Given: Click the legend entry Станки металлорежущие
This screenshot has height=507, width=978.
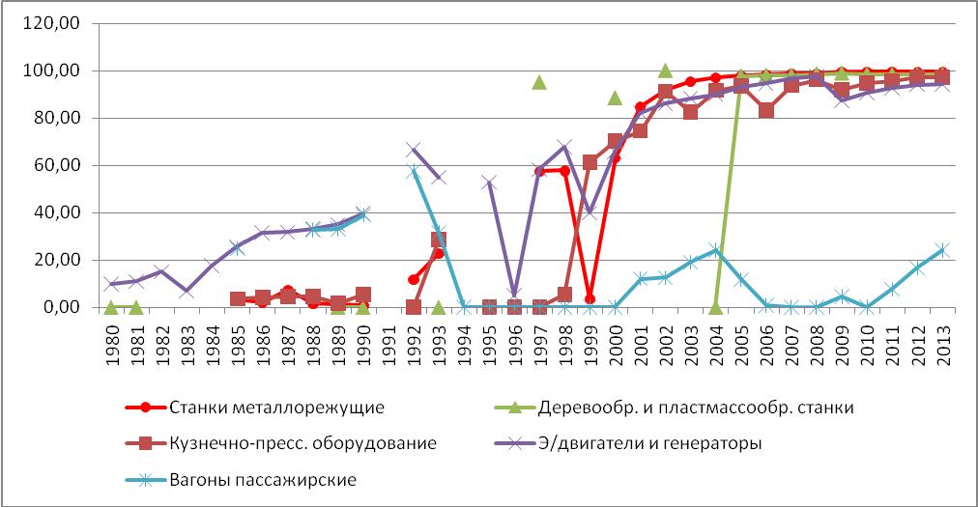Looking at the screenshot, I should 276,407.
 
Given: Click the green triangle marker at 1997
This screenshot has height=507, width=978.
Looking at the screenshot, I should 539,82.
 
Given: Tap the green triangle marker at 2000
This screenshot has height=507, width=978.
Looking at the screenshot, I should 615,98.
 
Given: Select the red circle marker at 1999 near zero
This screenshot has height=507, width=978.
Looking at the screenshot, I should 590,299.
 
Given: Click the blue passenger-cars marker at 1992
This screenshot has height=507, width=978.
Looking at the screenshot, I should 414,171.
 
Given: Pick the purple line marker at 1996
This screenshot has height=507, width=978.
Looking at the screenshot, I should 514,294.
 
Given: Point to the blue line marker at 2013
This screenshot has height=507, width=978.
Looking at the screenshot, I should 941,250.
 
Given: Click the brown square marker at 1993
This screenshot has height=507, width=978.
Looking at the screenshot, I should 439,239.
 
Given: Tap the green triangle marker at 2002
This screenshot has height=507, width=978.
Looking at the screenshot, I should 665,70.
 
